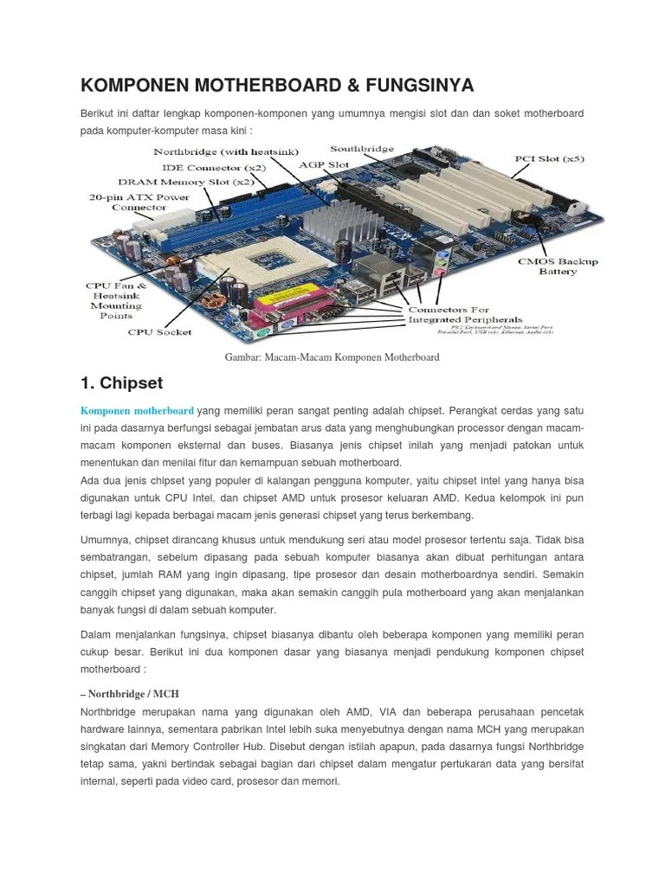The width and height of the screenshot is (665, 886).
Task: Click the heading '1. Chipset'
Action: coord(121,382)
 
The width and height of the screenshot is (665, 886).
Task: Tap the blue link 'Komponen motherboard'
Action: coord(137,410)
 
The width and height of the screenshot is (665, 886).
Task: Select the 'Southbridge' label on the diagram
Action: coord(362,149)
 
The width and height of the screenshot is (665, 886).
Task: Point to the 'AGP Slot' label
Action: coord(324,164)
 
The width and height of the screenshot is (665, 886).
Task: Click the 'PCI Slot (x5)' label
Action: coord(549,159)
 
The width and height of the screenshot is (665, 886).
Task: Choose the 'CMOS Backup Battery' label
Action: coord(558,266)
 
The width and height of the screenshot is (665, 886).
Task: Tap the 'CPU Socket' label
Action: coord(160,331)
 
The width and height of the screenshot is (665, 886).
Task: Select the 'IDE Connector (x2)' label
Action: coord(214,167)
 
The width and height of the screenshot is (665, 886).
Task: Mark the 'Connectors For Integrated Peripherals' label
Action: coord(453,314)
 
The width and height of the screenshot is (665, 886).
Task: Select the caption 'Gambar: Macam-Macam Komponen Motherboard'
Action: coord(332,357)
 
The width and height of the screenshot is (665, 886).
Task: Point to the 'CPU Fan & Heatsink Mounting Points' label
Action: coord(116,300)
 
